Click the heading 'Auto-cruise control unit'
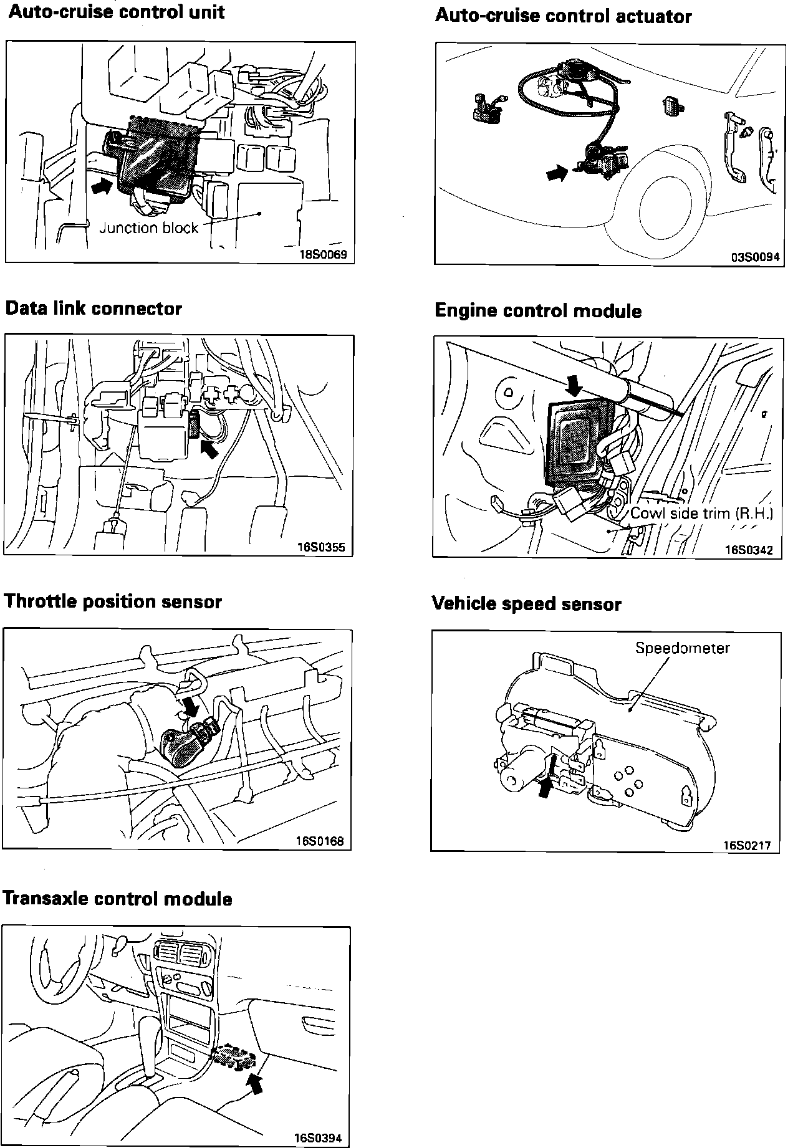point(117,12)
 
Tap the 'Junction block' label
point(148,228)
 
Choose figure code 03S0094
point(756,257)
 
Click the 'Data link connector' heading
point(94,309)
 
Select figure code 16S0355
point(321,548)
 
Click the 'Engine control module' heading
point(538,311)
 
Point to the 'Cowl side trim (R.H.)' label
point(701,514)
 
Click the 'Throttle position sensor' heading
point(113,602)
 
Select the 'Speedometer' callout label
point(682,648)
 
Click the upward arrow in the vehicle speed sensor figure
point(545,787)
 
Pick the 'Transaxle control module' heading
point(118,899)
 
